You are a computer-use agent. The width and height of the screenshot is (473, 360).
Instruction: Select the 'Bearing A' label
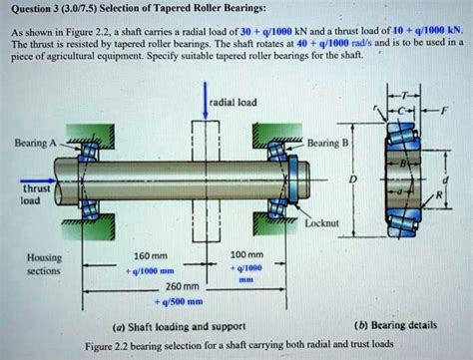click(33, 145)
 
